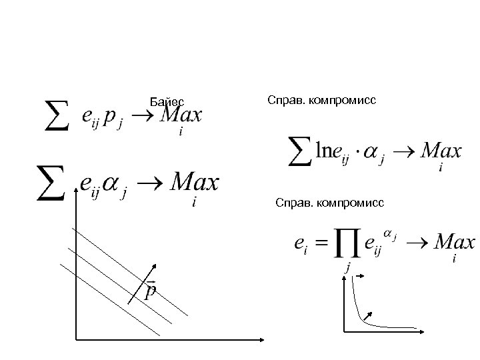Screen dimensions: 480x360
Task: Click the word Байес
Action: pyautogui.click(x=167, y=102)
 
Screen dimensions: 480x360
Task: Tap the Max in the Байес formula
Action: pyautogui.click(x=181, y=116)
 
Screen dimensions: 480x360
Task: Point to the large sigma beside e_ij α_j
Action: pyautogui.click(x=51, y=181)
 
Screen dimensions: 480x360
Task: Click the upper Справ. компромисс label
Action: pyautogui.click(x=321, y=100)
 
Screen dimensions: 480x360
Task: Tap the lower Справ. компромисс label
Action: pyautogui.click(x=329, y=201)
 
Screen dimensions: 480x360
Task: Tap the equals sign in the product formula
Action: pyautogui.click(x=322, y=244)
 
